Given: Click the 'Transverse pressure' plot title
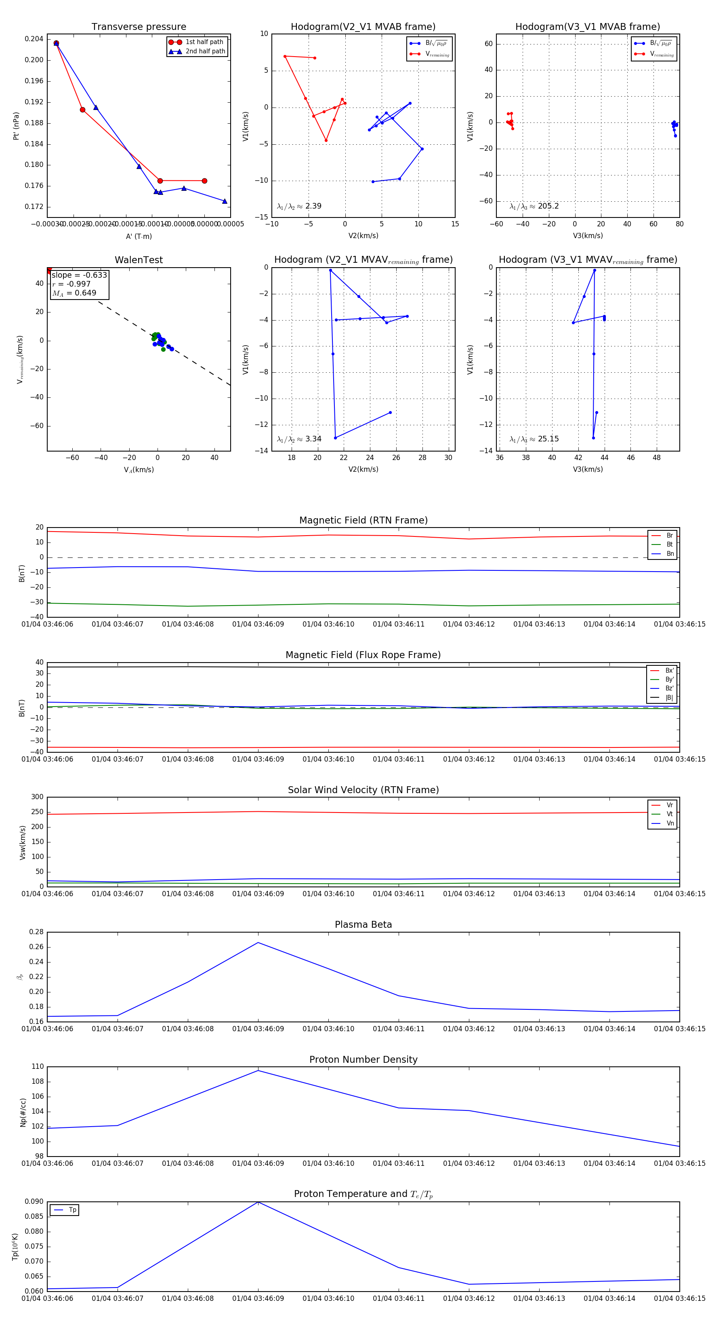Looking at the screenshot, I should pyautogui.click(x=139, y=27).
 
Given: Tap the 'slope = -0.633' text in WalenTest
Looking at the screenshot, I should pyautogui.click(x=79, y=275).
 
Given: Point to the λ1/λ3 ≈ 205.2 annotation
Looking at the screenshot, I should pyautogui.click(x=534, y=206).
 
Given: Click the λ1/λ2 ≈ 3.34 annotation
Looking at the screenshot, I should pyautogui.click(x=299, y=439).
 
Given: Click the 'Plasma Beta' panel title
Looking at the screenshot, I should pyautogui.click(x=363, y=925).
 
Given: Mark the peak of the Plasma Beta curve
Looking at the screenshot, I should pyautogui.click(x=258, y=943).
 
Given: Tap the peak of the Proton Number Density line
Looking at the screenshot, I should pyautogui.click(x=258, y=1070).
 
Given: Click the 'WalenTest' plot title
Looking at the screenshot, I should pyautogui.click(x=139, y=260).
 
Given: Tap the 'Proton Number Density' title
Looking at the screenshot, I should pyautogui.click(x=363, y=1060).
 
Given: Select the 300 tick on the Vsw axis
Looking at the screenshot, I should pyautogui.click(x=37, y=797).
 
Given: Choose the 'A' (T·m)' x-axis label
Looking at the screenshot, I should pyautogui.click(x=139, y=236).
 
